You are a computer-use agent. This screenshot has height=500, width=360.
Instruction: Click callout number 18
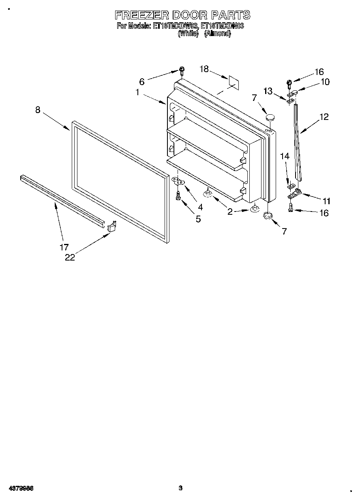[x=204, y=69]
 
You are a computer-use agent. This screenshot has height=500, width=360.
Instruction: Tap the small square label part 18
[x=234, y=81]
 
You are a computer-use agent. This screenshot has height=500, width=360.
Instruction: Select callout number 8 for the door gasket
[x=38, y=110]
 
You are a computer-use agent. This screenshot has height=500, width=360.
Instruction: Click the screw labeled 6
[x=182, y=72]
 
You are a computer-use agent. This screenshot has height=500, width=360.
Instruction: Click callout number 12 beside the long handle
[x=324, y=117]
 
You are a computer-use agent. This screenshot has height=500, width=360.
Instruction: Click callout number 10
[x=325, y=82]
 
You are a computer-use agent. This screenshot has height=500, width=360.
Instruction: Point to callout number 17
[x=64, y=247]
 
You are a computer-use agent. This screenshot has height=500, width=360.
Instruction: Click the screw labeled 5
[x=178, y=197]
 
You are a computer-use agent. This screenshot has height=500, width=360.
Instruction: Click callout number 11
[x=326, y=201]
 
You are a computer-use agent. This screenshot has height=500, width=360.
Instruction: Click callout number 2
[x=230, y=212]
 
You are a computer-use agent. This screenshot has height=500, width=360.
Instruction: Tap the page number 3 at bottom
[x=181, y=488]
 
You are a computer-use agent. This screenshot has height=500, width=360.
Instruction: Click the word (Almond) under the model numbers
[x=218, y=34]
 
